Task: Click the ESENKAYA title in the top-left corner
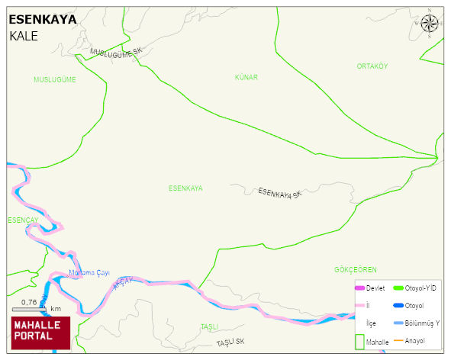[x=42, y=21]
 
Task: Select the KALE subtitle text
[x=24, y=36]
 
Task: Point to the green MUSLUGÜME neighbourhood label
[x=55, y=79]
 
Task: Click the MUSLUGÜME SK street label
[x=116, y=52]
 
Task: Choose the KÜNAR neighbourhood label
[x=246, y=78]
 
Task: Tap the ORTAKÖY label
[x=372, y=66]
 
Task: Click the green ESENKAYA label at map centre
[x=185, y=188]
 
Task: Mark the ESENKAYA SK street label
[x=279, y=193]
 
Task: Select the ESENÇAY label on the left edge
[x=22, y=220]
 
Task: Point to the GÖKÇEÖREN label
[x=356, y=270]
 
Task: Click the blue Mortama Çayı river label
[x=90, y=273]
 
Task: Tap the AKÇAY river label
[x=122, y=284]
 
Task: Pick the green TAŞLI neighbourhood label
[x=209, y=326]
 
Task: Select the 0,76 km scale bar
[x=30, y=308]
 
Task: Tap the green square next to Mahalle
[x=360, y=341]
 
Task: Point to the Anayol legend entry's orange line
[x=398, y=340]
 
